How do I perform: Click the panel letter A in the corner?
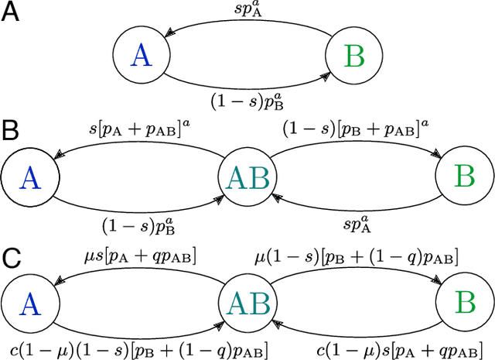tap(12, 14)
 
